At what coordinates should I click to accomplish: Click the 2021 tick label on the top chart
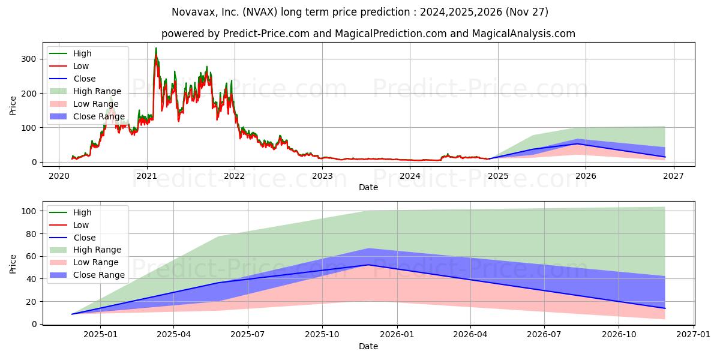coord(147,176)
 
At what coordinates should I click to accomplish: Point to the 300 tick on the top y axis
coord(29,59)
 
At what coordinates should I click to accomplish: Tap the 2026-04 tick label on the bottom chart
coord(470,335)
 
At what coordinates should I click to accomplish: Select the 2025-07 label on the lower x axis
coord(248,335)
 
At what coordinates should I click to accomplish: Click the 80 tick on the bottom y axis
coord(31,234)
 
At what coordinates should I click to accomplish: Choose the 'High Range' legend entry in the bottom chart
coord(85,250)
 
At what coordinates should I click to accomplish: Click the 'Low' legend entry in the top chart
coord(69,66)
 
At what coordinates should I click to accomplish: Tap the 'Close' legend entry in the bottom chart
coord(73,238)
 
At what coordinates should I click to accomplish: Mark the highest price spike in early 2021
coord(156,48)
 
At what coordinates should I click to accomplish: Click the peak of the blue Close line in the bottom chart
coord(368,265)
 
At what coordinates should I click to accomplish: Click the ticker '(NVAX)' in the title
coord(260,12)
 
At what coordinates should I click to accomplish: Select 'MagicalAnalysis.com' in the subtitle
coord(524,34)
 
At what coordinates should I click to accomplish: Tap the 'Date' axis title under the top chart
coord(368,187)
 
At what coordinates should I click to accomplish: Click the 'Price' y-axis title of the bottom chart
coord(13,264)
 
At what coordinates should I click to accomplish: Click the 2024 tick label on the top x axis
coord(410,176)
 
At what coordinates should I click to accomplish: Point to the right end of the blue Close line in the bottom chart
coord(665,308)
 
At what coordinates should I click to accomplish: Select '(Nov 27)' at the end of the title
coord(527,12)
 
